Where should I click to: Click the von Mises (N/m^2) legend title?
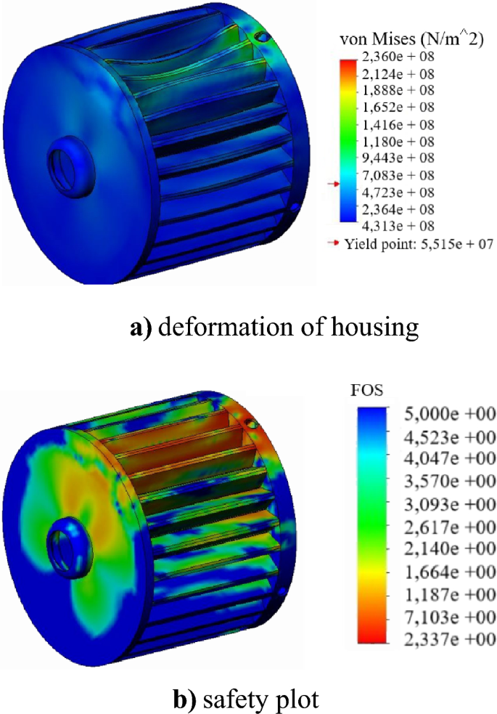412,40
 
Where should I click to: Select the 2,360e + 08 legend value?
398,57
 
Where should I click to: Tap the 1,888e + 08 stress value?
398,91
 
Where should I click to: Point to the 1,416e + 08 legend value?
398,125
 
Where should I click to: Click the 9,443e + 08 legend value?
398,158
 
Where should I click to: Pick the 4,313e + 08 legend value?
398,227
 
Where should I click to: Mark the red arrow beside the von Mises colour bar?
334,184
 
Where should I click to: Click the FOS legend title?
366,390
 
